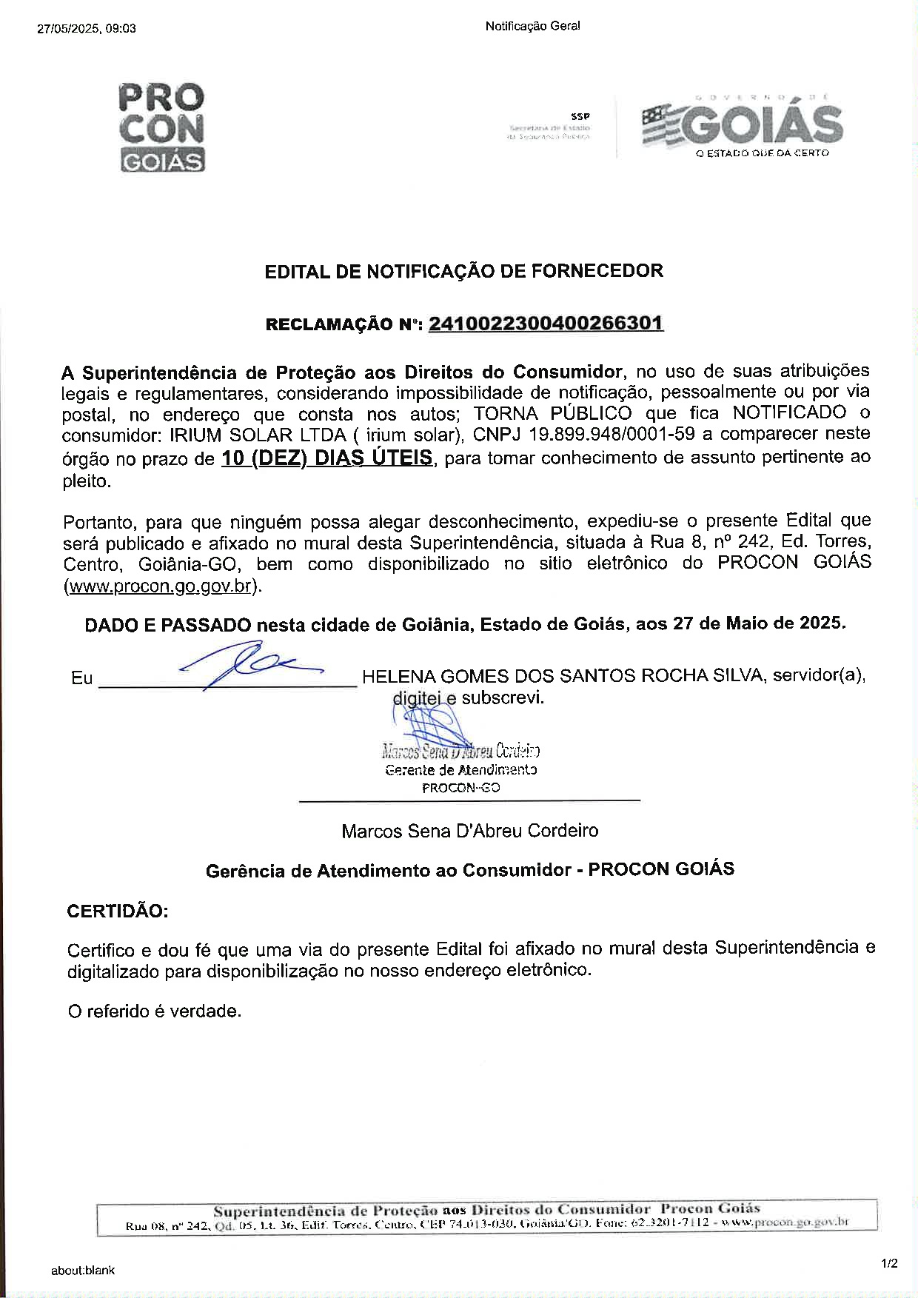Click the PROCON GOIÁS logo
[x=161, y=128]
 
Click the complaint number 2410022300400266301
[x=546, y=324]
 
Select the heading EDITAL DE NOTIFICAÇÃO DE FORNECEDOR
[x=463, y=271]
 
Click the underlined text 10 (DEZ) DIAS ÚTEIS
[x=326, y=458]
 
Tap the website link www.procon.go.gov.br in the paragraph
[x=161, y=586]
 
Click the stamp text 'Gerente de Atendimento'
[x=460, y=770]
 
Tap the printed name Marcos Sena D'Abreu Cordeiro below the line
[x=469, y=831]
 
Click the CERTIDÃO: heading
[x=118, y=911]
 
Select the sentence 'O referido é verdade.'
[x=154, y=1011]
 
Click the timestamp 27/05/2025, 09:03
[x=86, y=29]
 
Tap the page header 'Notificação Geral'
[x=532, y=26]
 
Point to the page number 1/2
[x=889, y=1264]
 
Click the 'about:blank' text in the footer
[x=83, y=1270]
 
